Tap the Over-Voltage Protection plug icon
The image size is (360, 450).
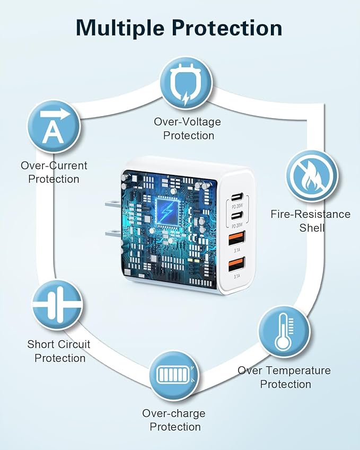(186, 84)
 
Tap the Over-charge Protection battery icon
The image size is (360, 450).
(173, 376)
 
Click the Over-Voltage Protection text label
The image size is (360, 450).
(188, 129)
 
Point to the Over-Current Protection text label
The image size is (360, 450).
(54, 172)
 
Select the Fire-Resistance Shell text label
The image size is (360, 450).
(310, 221)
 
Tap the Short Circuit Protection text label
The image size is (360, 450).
(59, 351)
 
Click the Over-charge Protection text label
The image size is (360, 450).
(174, 420)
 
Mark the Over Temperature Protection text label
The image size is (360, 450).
(284, 377)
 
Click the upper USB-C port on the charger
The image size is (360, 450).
(235, 196)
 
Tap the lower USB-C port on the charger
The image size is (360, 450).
(235, 215)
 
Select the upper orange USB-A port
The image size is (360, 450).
(235, 236)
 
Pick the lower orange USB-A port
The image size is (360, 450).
(235, 263)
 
